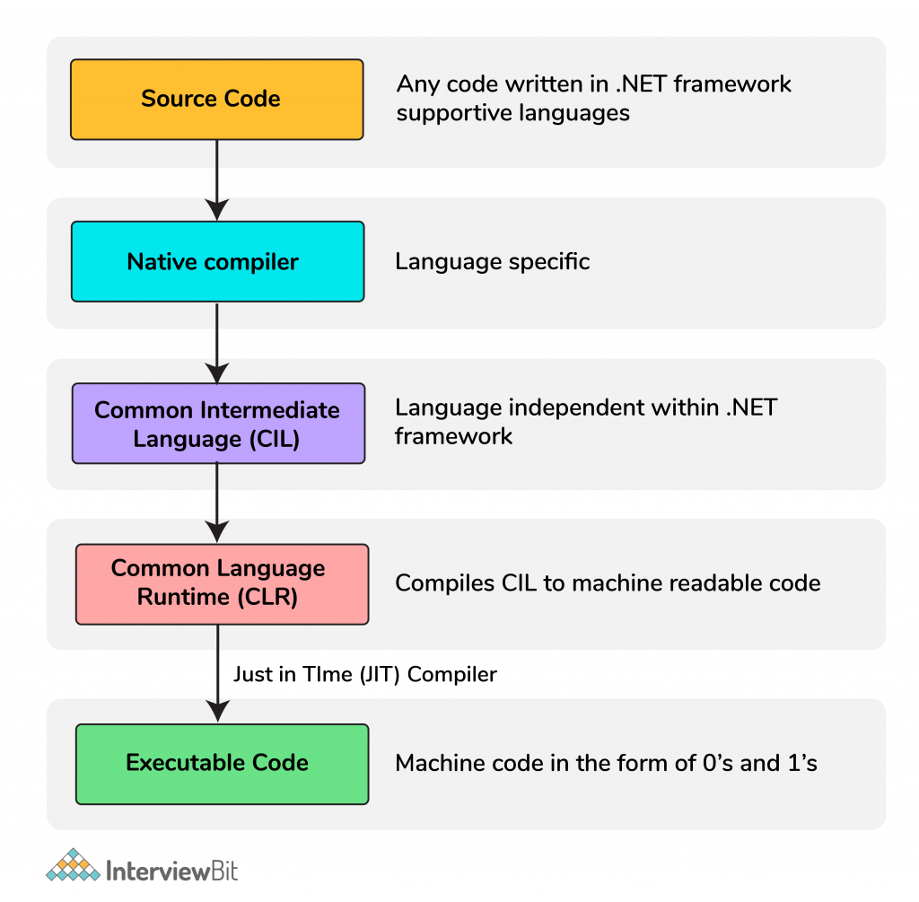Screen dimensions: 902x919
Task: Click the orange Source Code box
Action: tap(216, 99)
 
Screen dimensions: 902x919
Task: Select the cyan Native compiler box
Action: tap(217, 261)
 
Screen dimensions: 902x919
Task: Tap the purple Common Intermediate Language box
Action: tap(218, 424)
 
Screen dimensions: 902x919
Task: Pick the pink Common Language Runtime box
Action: tap(222, 583)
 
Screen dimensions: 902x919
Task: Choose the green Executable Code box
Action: tap(222, 764)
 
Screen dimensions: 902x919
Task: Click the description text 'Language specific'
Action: tap(492, 262)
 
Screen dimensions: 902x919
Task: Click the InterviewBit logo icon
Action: tap(74, 865)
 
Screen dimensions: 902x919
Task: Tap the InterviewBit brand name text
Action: tap(172, 870)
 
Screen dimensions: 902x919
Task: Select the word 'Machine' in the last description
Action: tap(440, 764)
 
